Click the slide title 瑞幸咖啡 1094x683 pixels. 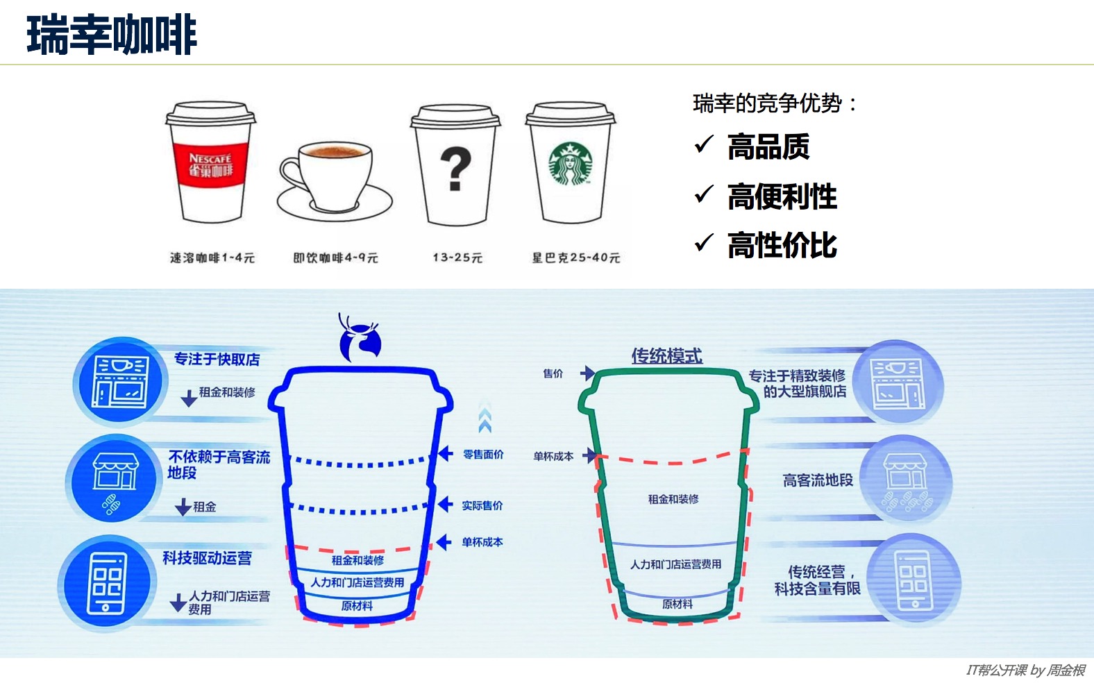click(x=112, y=35)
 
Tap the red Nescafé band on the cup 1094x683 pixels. click(x=210, y=164)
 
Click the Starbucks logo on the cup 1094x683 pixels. click(x=571, y=164)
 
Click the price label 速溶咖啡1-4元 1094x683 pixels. click(x=212, y=258)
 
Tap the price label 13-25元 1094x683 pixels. click(x=457, y=258)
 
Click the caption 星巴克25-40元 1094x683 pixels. click(x=575, y=258)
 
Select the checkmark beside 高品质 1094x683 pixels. click(x=704, y=144)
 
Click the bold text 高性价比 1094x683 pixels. click(x=782, y=245)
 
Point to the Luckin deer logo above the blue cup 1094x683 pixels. click(x=360, y=339)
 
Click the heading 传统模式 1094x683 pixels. click(x=666, y=356)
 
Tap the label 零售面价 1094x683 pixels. click(x=483, y=455)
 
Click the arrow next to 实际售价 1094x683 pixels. click(x=445, y=505)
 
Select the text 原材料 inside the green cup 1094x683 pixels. click(x=677, y=604)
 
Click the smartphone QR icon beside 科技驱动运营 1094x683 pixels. click(x=106, y=582)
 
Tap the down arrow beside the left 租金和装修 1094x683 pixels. click(x=188, y=398)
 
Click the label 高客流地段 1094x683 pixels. click(x=818, y=480)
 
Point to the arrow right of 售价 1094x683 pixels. click(x=587, y=373)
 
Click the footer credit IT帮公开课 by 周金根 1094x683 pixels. click(x=1025, y=670)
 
